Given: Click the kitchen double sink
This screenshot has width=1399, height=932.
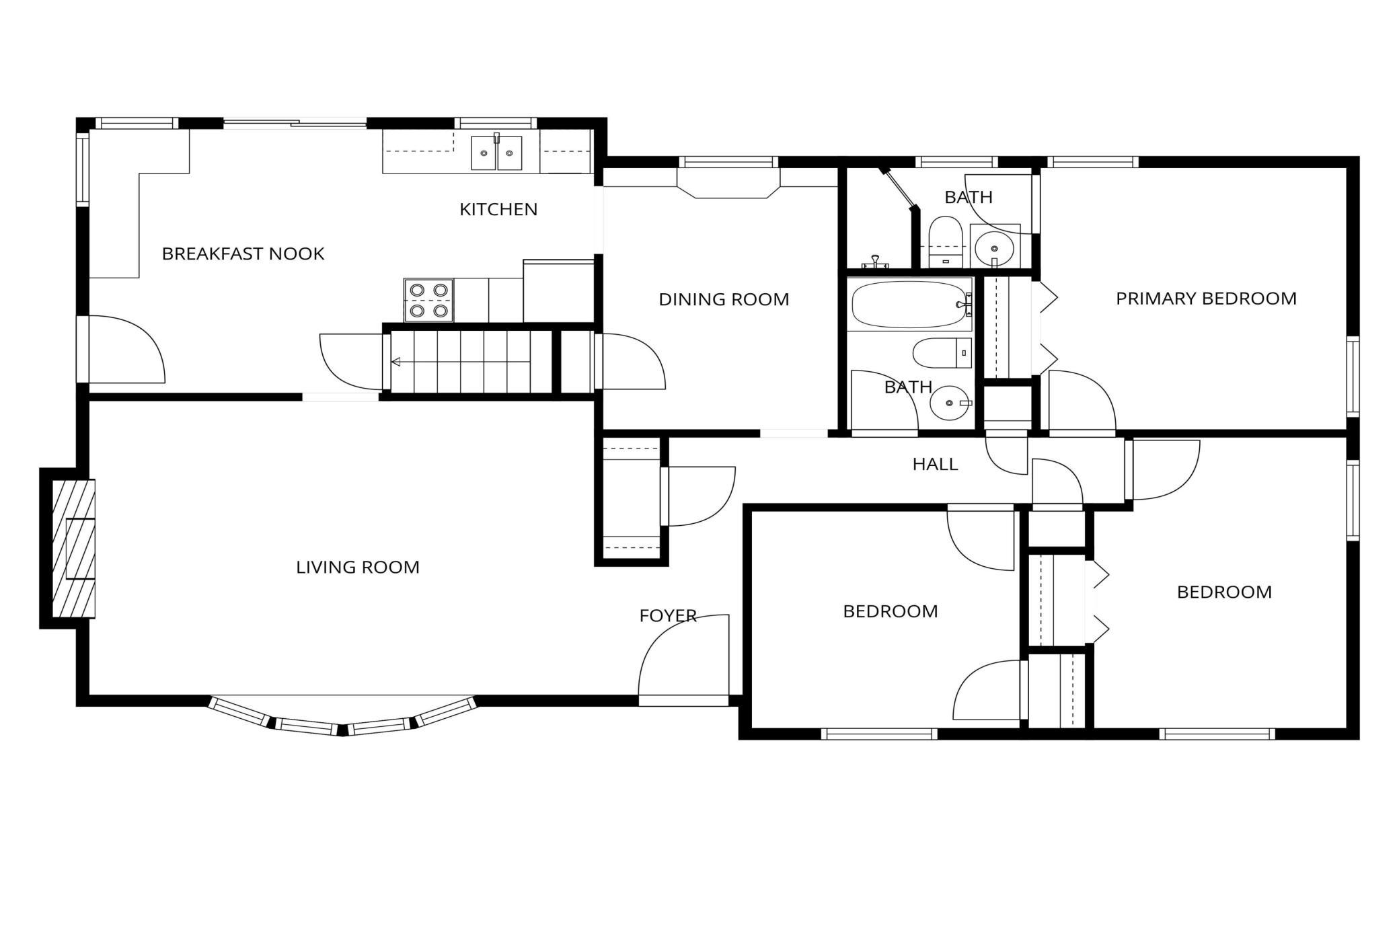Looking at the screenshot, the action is tap(496, 153).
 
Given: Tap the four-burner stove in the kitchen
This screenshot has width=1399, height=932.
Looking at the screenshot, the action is tap(428, 300).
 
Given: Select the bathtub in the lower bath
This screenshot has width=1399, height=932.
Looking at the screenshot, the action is tap(909, 304).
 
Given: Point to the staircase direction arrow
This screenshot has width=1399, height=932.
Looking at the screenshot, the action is tap(461, 362).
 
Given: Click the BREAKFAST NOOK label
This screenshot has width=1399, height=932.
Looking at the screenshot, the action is tap(243, 254).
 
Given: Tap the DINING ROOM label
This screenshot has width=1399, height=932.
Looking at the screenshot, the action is tap(724, 299).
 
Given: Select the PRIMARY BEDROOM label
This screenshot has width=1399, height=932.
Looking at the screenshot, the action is tap(1206, 298).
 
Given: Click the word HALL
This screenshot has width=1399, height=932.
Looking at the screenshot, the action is tap(935, 463).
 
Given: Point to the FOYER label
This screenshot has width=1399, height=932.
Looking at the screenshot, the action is tap(668, 615).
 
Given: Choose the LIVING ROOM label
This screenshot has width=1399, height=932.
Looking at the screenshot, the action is tap(358, 567).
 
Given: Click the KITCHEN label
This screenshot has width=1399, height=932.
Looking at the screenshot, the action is tap(498, 209).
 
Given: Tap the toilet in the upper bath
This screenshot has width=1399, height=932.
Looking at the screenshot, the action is tap(946, 241).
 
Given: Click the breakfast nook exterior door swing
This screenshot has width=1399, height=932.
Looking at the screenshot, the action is tap(127, 349).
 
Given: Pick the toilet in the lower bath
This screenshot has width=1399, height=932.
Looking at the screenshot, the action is tap(942, 353).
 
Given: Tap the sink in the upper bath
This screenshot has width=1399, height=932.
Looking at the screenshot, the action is tap(994, 249).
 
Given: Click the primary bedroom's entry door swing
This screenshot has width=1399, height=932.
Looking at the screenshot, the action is tap(1082, 399).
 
